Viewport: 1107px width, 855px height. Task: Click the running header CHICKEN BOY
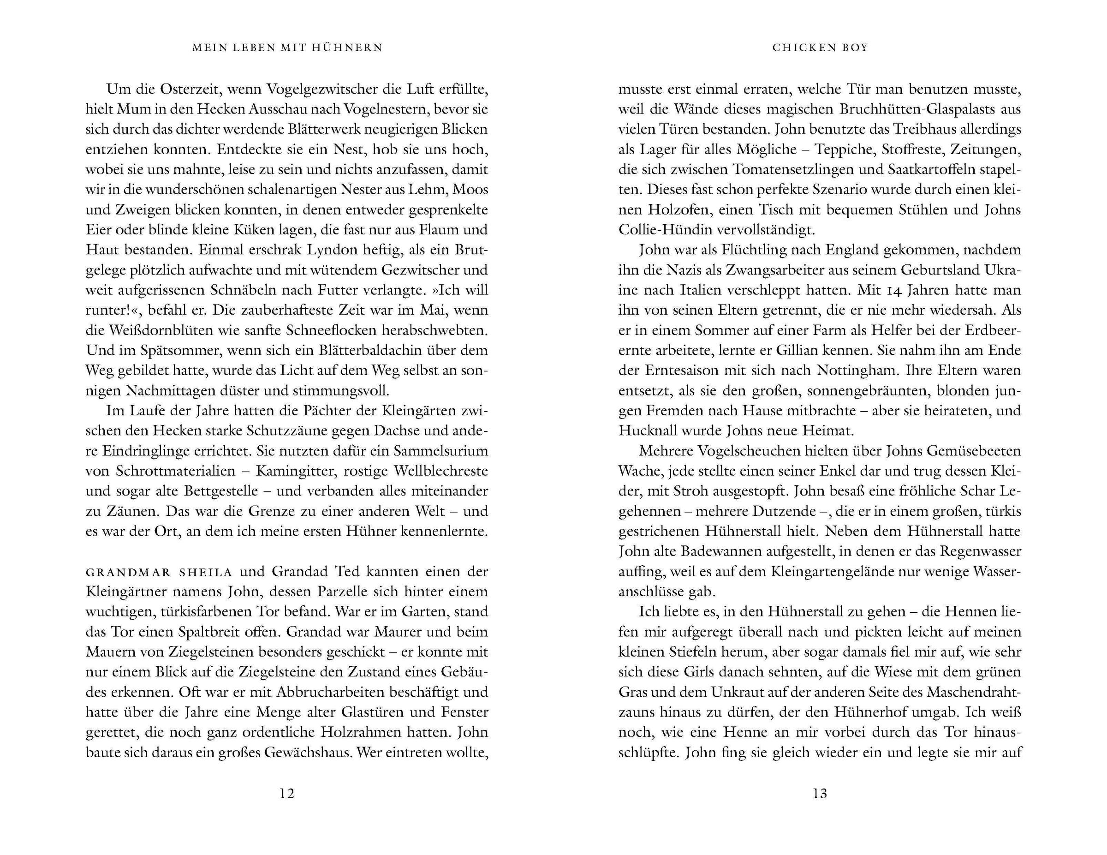[820, 48]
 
